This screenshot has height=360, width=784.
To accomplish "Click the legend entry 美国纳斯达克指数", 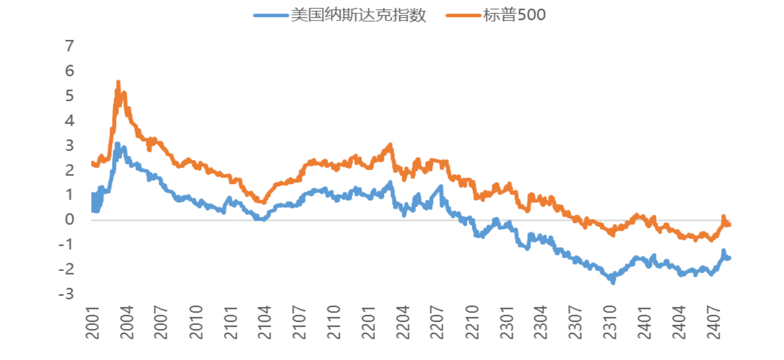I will pos(358,15).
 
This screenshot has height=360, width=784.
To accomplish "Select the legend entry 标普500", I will pos(514,15).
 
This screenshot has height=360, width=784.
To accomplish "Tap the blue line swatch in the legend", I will pos(271,16).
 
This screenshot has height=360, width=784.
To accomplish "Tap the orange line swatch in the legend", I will pos(463,16).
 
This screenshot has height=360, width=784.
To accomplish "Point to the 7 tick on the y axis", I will pos(70,46).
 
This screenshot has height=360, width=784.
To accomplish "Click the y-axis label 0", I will pos(70,219).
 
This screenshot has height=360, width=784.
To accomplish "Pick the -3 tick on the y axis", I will pos(67,294).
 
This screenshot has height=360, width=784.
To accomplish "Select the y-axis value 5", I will pos(70,96).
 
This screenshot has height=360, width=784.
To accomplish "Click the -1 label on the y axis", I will pos(67,244).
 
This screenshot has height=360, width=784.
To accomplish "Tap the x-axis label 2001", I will pos(92,323).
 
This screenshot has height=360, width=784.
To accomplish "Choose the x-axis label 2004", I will pos(127,323).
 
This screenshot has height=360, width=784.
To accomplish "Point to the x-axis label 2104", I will pos(265,323).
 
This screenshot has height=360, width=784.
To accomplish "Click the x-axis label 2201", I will pos(368,323).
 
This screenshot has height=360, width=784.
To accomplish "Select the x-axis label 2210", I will pos(472,323).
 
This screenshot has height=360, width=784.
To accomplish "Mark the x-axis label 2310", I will pos(610,323).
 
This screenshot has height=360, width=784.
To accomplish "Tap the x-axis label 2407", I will pos(714,323).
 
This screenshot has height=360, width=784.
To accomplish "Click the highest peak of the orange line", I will pos(118,82).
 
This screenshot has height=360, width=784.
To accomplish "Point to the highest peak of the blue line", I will pos(118,144).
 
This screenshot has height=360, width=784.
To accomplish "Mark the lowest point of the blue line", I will pos(613,282).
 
